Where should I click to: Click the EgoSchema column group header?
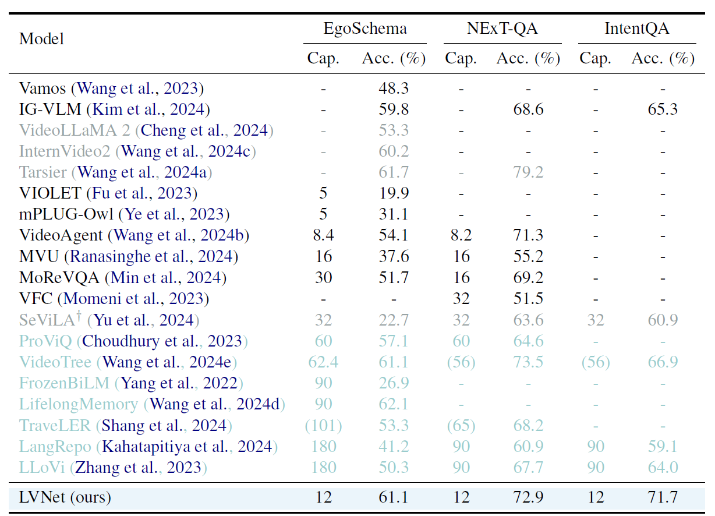[x=365, y=29]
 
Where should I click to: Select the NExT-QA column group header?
[x=502, y=29]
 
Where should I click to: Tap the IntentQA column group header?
[x=636, y=29]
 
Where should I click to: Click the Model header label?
[x=41, y=39]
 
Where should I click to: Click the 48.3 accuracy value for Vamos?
[x=394, y=89]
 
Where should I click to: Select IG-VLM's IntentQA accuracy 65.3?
[x=663, y=109]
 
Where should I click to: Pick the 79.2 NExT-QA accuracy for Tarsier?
[x=528, y=172]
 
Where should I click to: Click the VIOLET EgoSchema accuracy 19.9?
[x=394, y=193]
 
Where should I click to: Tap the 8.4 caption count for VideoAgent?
[x=323, y=235]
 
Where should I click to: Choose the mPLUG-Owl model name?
[x=66, y=214]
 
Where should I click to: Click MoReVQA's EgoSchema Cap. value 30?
[x=323, y=277]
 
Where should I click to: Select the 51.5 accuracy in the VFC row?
[x=528, y=299]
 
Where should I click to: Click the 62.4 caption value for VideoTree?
[x=323, y=362]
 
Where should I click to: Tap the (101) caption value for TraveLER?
[x=323, y=425]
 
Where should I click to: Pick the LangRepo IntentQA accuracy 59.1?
[x=663, y=446]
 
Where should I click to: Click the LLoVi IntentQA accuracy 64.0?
[x=663, y=467]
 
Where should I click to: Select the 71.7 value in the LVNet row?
[x=663, y=497]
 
